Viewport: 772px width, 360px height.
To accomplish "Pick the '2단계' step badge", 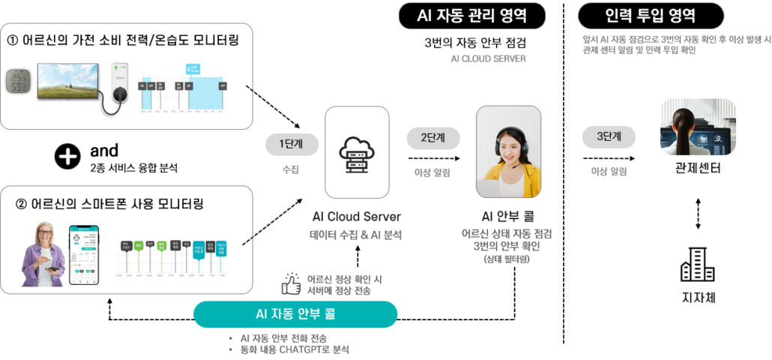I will click(433, 139).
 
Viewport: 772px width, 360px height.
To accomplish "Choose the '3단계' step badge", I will click(609, 139).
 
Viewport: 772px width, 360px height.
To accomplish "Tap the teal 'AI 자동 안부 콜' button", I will click(295, 313).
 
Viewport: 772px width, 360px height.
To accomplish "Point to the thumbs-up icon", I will click(291, 283).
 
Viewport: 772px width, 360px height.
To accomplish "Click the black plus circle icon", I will click(67, 156).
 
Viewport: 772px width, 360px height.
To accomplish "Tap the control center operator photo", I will click(698, 127).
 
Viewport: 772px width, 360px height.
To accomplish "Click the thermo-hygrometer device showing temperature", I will click(17, 82).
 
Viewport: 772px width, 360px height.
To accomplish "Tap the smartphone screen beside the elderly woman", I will click(84, 254).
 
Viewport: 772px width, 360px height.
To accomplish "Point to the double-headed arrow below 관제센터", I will click(698, 213).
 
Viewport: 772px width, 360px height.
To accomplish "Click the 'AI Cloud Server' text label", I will click(356, 217).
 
